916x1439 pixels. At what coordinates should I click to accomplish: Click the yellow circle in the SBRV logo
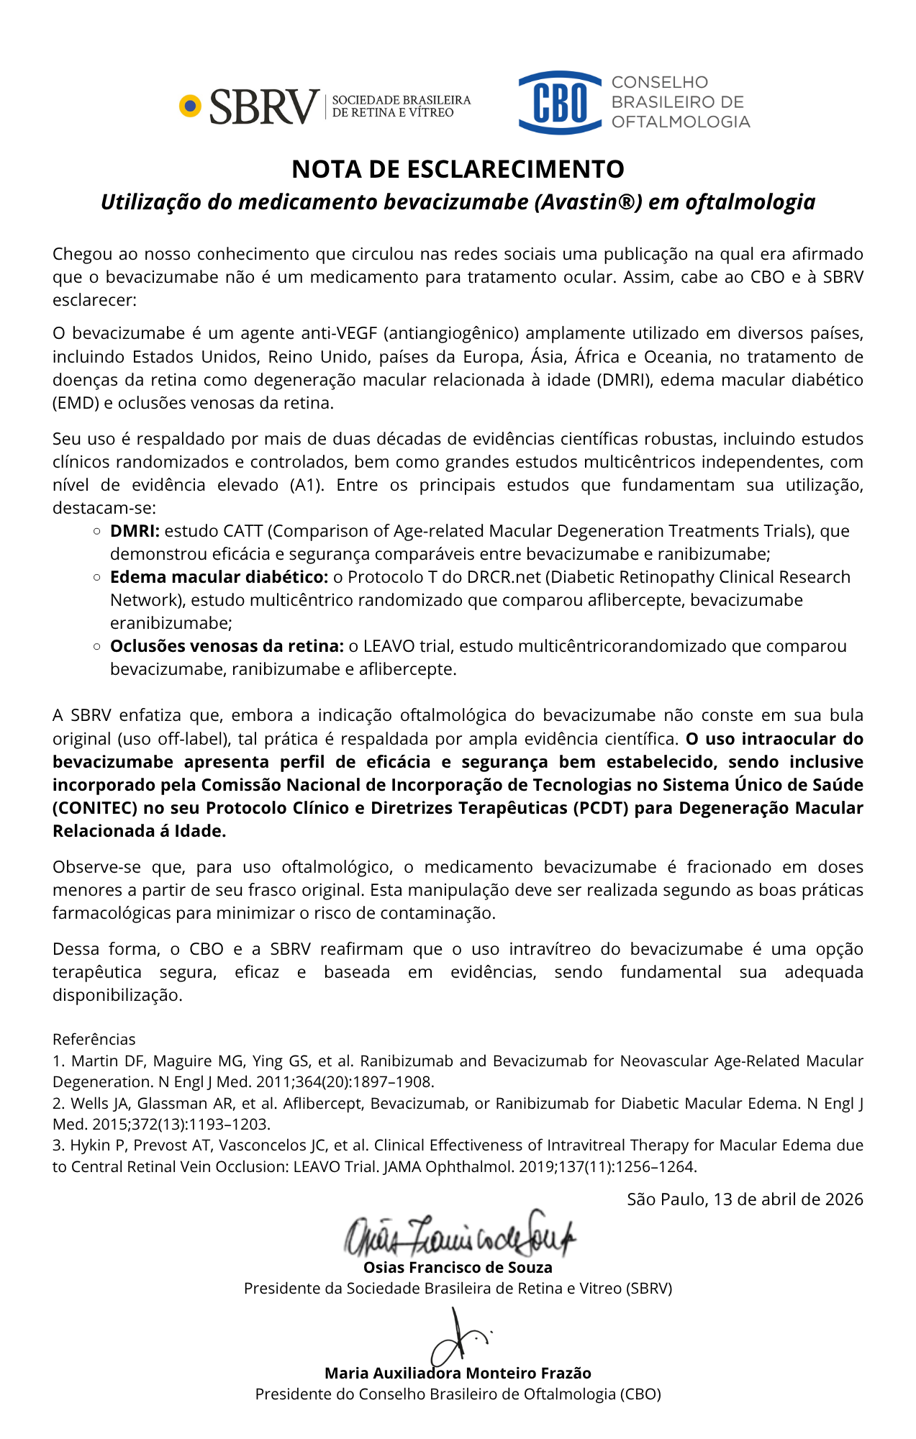click(x=190, y=106)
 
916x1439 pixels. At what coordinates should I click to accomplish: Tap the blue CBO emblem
click(x=560, y=103)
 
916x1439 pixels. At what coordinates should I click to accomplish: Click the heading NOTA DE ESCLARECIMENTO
click(x=458, y=169)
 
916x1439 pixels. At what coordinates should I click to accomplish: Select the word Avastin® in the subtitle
click(x=588, y=202)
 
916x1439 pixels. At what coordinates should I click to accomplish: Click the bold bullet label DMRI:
click(x=135, y=531)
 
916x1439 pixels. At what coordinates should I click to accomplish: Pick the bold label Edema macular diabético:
click(x=219, y=577)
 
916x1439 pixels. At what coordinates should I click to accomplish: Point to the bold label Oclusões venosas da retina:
click(x=226, y=646)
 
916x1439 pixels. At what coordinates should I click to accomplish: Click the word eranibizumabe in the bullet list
click(x=171, y=623)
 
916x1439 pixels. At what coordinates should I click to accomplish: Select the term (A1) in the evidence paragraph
click(x=307, y=485)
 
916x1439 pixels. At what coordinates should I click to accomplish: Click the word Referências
click(x=94, y=1039)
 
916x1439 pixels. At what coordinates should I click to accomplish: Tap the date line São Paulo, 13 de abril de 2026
click(x=745, y=1199)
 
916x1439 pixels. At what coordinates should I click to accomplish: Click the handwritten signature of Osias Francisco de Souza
click(x=461, y=1235)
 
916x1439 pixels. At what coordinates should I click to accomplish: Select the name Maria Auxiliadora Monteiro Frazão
click(x=458, y=1373)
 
